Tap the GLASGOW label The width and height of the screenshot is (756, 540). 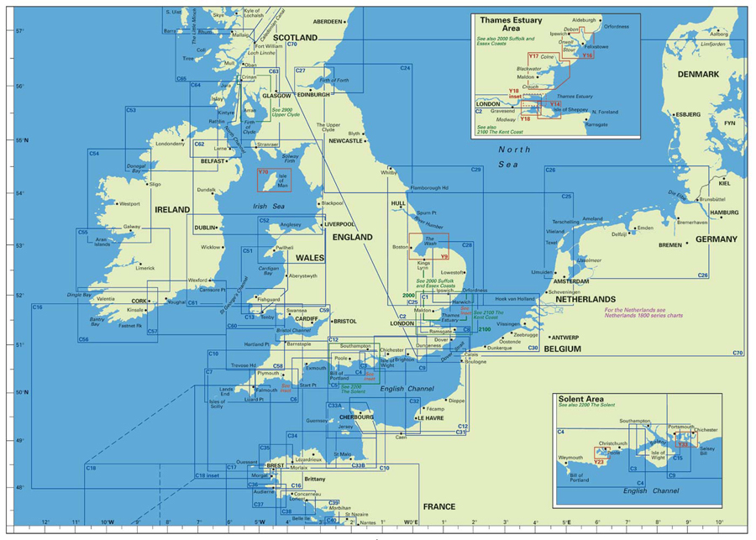click(x=276, y=96)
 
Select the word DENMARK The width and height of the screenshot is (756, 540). click(x=699, y=75)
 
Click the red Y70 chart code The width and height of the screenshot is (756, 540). click(x=263, y=172)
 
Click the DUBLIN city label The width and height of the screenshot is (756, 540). click(x=205, y=228)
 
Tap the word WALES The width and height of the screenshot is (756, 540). click(x=309, y=258)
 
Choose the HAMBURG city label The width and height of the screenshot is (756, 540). click(x=724, y=213)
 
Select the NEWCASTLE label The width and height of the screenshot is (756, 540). click(x=345, y=141)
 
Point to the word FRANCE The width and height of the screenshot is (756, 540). click(x=438, y=506)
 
